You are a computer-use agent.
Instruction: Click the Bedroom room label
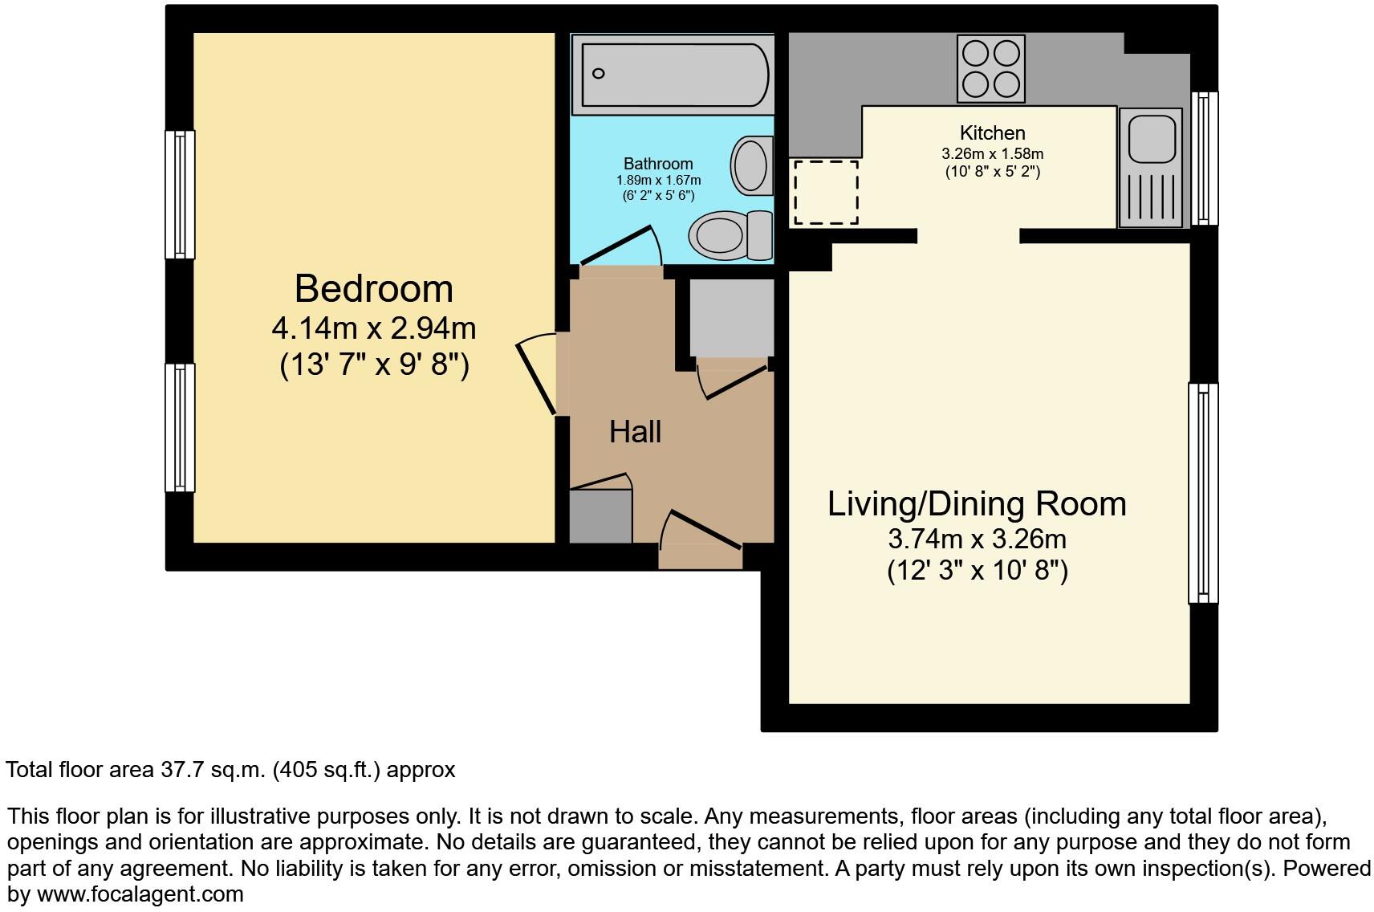click(x=373, y=288)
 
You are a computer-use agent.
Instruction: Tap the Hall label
click(x=635, y=432)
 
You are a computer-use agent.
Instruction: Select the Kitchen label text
click(x=993, y=132)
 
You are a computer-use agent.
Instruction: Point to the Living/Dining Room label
click(x=977, y=504)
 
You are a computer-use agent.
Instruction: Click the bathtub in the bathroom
click(x=673, y=75)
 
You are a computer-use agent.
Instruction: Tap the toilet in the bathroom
click(x=730, y=235)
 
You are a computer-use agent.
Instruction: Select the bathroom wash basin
click(x=751, y=165)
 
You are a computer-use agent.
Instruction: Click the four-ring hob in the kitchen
click(x=990, y=69)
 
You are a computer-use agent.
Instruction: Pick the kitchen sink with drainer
click(x=1151, y=168)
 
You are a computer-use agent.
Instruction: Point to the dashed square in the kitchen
click(x=826, y=192)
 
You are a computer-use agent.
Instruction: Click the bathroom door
click(x=620, y=246)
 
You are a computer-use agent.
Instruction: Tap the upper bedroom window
click(x=180, y=194)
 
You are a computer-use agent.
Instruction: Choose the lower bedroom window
click(x=180, y=428)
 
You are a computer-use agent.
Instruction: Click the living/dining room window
click(x=1204, y=494)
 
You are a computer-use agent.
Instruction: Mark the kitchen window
click(x=1205, y=158)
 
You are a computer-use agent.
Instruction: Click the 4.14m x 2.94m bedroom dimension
click(x=373, y=329)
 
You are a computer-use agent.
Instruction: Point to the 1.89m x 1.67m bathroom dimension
click(x=658, y=181)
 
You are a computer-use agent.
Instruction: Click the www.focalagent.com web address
click(x=140, y=894)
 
